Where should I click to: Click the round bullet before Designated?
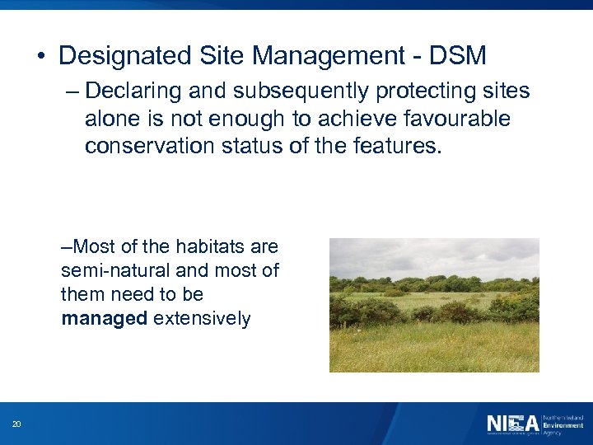click(40, 57)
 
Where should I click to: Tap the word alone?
click(110, 119)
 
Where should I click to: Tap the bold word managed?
click(104, 318)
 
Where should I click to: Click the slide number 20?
click(16, 424)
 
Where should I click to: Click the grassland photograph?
click(434, 305)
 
